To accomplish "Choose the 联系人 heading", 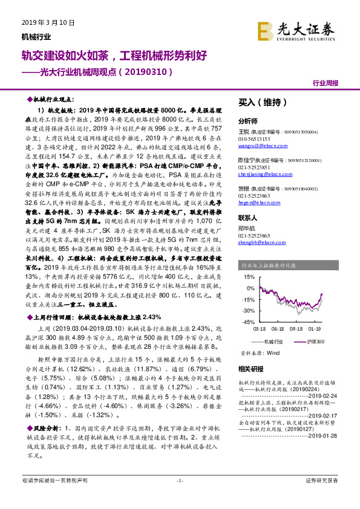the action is coord(248,216).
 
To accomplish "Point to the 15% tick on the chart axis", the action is coord(247,276).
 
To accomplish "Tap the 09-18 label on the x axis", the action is coord(296,329).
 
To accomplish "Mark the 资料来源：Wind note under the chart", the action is coord(261,352).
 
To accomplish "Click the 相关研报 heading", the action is coord(250,368).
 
